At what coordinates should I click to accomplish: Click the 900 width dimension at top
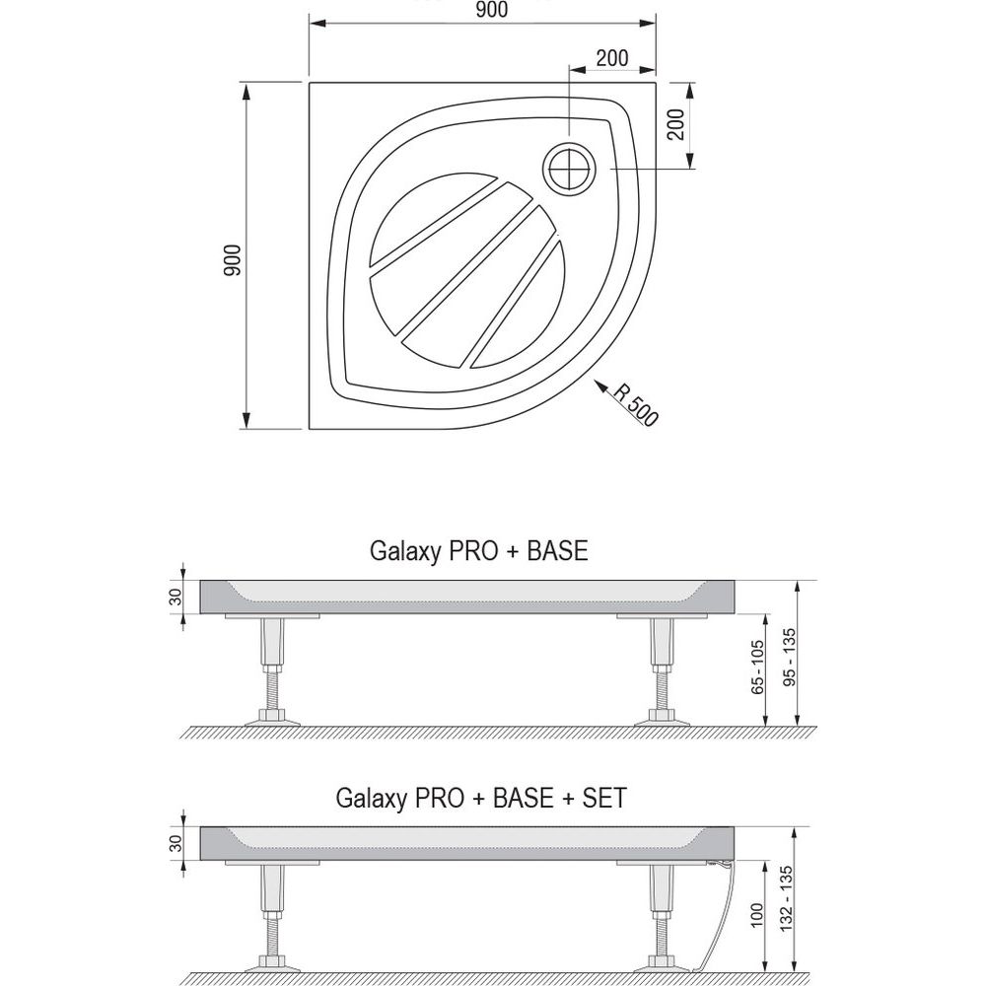pos(492,10)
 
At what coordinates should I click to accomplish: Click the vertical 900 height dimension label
pos(232,259)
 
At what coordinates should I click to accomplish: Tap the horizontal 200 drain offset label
pos(612,58)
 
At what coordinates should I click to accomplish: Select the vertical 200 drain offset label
pos(675,124)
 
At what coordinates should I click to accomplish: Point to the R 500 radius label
pos(635,403)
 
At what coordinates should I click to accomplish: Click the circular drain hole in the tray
pos(570,169)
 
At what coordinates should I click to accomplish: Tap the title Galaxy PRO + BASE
pos(478,550)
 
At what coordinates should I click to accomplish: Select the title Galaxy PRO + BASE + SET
pos(481,798)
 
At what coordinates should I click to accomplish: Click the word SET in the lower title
pos(605,798)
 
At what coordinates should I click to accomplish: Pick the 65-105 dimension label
pos(757,667)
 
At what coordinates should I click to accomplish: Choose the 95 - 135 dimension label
pos(789,657)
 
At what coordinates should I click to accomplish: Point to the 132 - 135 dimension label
pos(786,898)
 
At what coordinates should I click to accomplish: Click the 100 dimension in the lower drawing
pos(756,914)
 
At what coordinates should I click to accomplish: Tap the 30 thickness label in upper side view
pos(176,597)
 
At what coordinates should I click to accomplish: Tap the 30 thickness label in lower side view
pos(176,843)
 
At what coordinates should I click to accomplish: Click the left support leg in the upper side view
pos(273,670)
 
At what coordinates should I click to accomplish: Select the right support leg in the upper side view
pos(663,670)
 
